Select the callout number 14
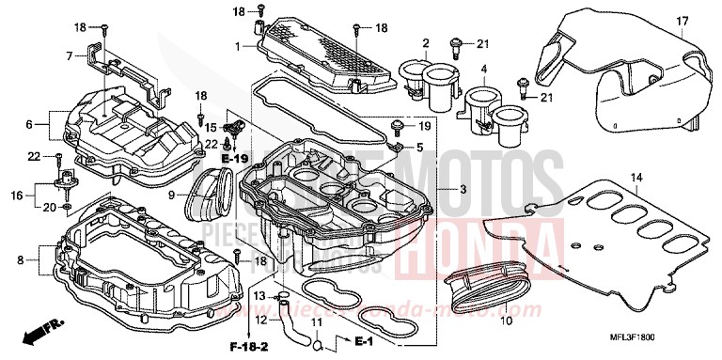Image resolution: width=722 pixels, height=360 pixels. [x=636, y=177]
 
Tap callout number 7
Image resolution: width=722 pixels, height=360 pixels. [x=69, y=56]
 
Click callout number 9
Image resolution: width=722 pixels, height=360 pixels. [x=173, y=196]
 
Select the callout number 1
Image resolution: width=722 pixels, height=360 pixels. [x=238, y=45]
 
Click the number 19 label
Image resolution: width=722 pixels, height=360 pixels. [x=424, y=125]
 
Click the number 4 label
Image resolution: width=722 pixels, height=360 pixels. [x=484, y=69]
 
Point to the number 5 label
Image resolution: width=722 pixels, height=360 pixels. [x=419, y=148]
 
